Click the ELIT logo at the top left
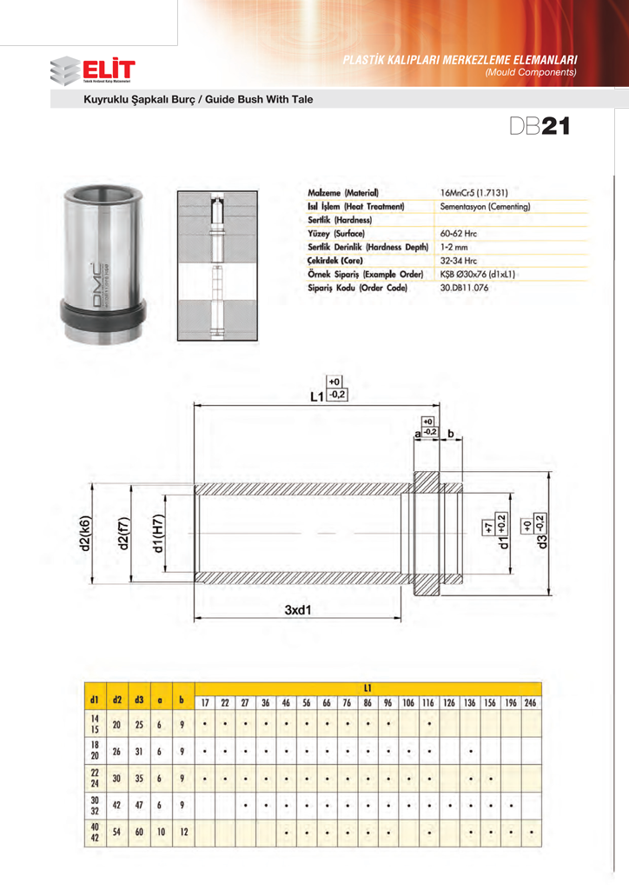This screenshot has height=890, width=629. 93,70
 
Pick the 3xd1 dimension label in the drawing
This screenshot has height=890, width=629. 297,610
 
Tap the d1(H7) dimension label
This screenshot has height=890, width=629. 158,534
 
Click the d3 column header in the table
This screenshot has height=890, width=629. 139,699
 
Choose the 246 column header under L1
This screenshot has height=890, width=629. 531,702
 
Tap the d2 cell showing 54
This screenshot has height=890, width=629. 117,833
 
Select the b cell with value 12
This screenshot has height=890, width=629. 182,833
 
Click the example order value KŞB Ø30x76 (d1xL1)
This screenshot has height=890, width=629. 478,273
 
